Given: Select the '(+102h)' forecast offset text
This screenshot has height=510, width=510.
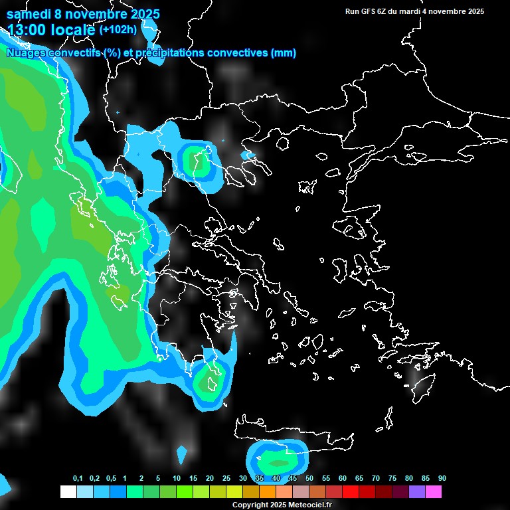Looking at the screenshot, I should click(118, 29).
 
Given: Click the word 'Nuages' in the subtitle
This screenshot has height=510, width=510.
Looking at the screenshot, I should click(28, 53).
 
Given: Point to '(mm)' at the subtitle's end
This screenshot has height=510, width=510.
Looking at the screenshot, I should click(284, 53).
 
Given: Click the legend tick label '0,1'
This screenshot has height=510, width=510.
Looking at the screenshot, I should click(78, 479).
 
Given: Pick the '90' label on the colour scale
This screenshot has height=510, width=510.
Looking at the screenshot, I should click(442, 479).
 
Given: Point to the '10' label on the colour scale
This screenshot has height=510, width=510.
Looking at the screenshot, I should click(177, 479).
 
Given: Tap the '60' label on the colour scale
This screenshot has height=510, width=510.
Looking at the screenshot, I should click(343, 479).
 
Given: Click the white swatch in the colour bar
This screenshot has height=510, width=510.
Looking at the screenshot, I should click(68, 491).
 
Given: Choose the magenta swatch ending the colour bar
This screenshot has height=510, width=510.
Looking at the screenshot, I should click(433, 491).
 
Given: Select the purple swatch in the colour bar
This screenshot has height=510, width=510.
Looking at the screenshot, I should click(416, 491).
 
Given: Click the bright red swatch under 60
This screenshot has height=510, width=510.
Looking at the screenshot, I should click(350, 491).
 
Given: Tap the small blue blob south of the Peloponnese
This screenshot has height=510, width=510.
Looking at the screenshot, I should click(182, 455).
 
